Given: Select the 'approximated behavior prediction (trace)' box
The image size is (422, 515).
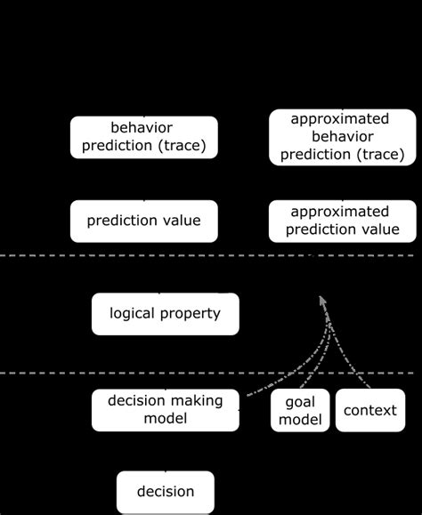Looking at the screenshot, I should pyautogui.click(x=341, y=138).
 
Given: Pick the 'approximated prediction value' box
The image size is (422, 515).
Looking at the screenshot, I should pyautogui.click(x=341, y=221).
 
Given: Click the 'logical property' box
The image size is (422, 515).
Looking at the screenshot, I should pyautogui.click(x=165, y=313).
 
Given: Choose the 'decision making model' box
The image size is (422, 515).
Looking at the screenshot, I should pyautogui.click(x=165, y=409).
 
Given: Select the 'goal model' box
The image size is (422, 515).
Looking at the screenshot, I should pyautogui.click(x=300, y=410).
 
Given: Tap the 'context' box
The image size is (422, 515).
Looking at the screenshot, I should pyautogui.click(x=369, y=410).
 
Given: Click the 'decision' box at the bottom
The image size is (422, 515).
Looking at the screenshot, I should pyautogui.click(x=165, y=491).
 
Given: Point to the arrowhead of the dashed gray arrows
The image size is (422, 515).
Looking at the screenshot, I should pyautogui.click(x=322, y=303).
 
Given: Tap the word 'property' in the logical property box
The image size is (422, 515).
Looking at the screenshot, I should pyautogui.click(x=191, y=313).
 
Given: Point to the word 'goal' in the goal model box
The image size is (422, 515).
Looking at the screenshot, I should pyautogui.click(x=300, y=402).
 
